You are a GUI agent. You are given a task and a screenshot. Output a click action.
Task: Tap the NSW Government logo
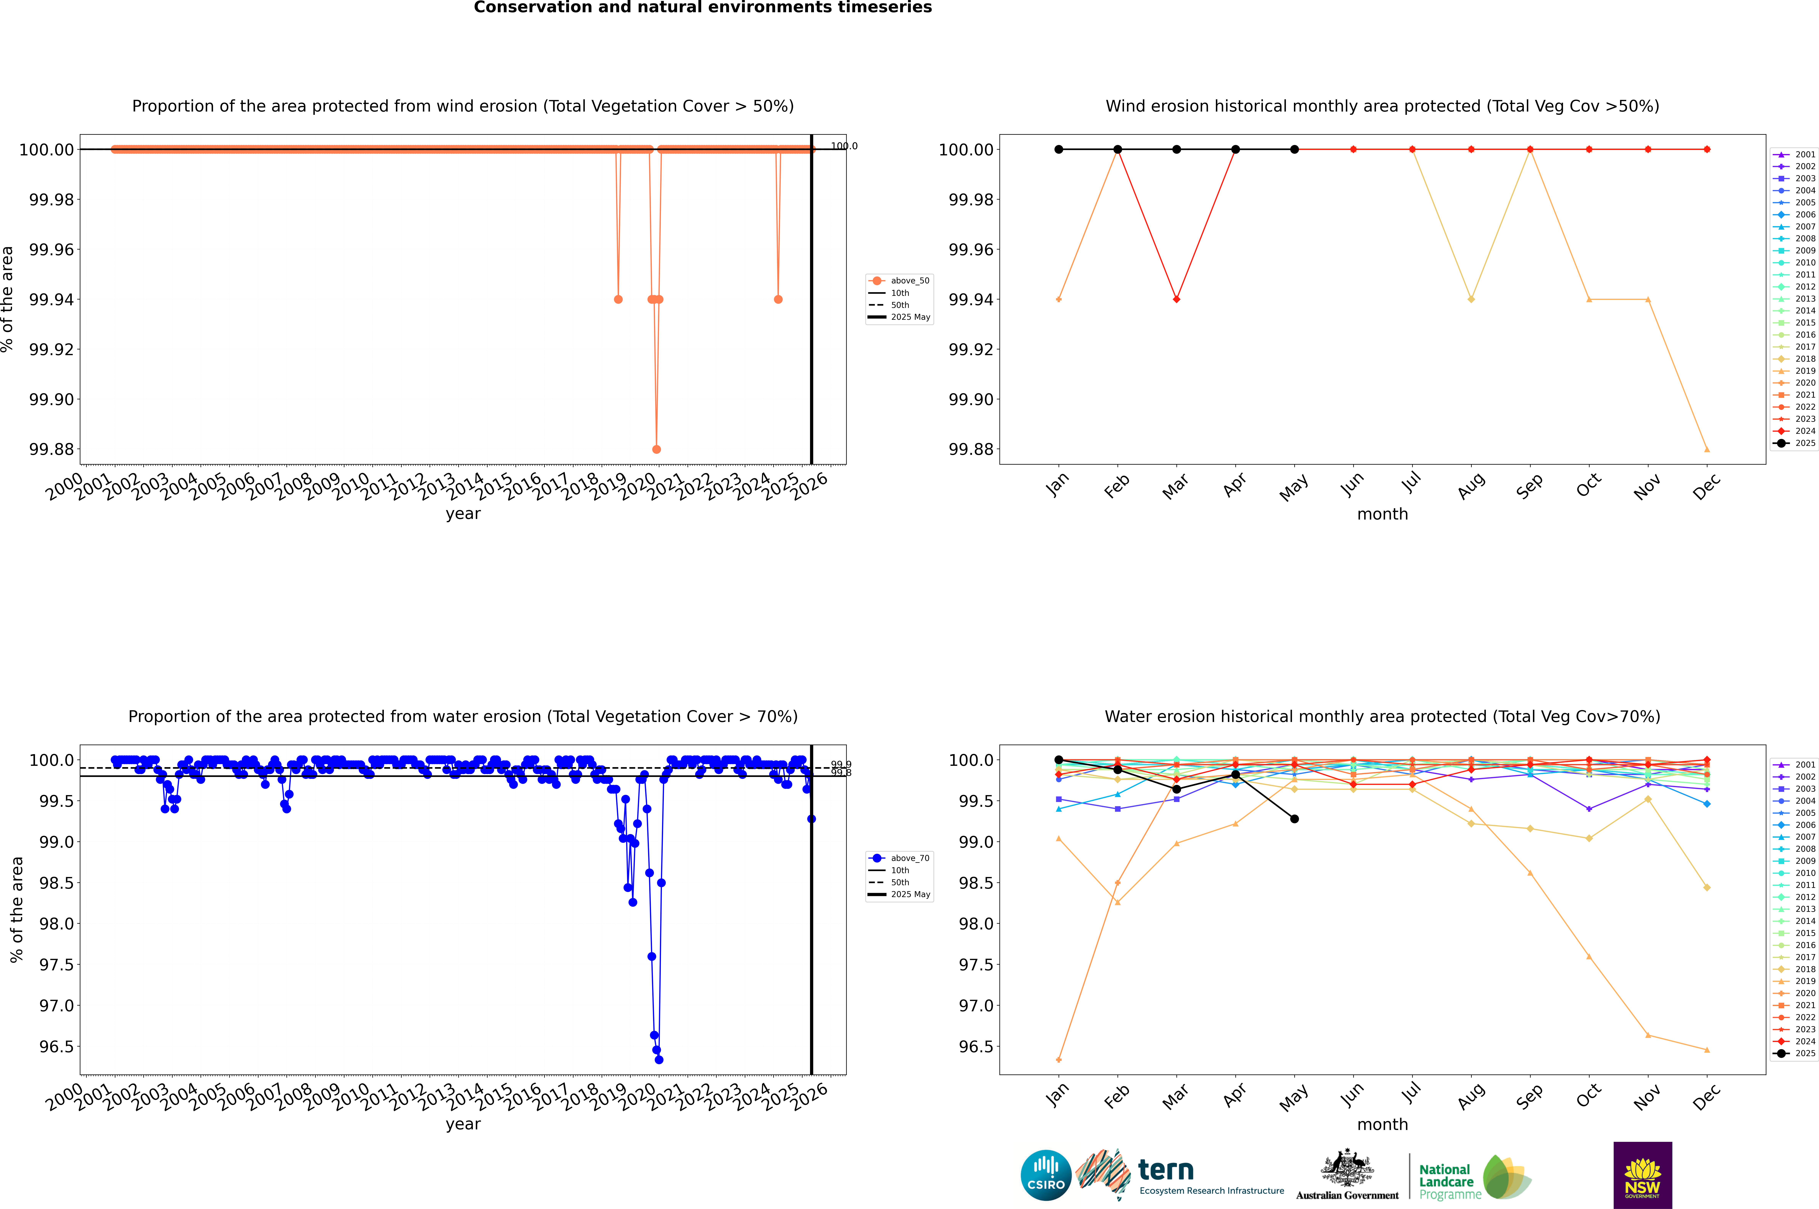pos(1642,1175)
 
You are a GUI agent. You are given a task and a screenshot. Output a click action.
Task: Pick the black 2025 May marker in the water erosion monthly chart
pos(1295,819)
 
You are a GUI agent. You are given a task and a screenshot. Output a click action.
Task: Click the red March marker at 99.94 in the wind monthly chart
pos(1177,299)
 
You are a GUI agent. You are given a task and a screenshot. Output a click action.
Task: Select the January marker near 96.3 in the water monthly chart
pos(1059,1059)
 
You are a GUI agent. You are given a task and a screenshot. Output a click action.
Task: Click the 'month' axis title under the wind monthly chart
pos(1383,514)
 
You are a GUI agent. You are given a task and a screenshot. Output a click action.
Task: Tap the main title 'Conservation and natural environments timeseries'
pos(702,8)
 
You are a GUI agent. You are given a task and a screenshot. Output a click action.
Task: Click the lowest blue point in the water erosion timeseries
pos(658,1059)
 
